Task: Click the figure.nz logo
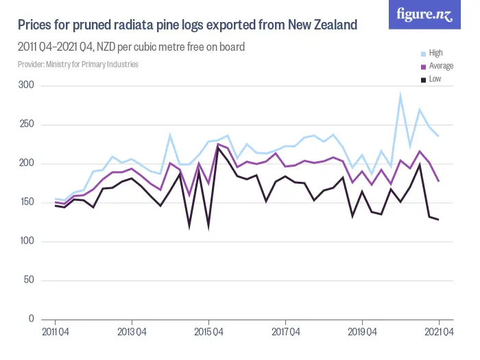tap(425, 14)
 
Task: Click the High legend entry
tap(435, 53)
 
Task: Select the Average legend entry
tap(440, 67)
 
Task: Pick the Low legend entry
tap(435, 80)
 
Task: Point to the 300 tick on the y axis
tap(27, 86)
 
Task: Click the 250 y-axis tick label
tap(27, 125)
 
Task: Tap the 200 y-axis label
tap(27, 164)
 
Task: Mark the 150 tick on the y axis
tap(27, 202)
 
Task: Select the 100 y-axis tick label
tap(27, 241)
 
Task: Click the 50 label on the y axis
tap(29, 280)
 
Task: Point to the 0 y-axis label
tap(31, 320)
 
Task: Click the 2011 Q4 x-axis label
tap(55, 333)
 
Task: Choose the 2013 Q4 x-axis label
tap(132, 333)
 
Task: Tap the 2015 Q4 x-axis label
tap(208, 333)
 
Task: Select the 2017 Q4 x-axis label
tap(285, 333)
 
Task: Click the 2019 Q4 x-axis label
tap(362, 333)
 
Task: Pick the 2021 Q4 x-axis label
tap(439, 333)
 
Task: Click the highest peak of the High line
tap(400, 95)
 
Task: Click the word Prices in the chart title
tap(36, 25)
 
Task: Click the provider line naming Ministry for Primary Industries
tap(78, 64)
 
